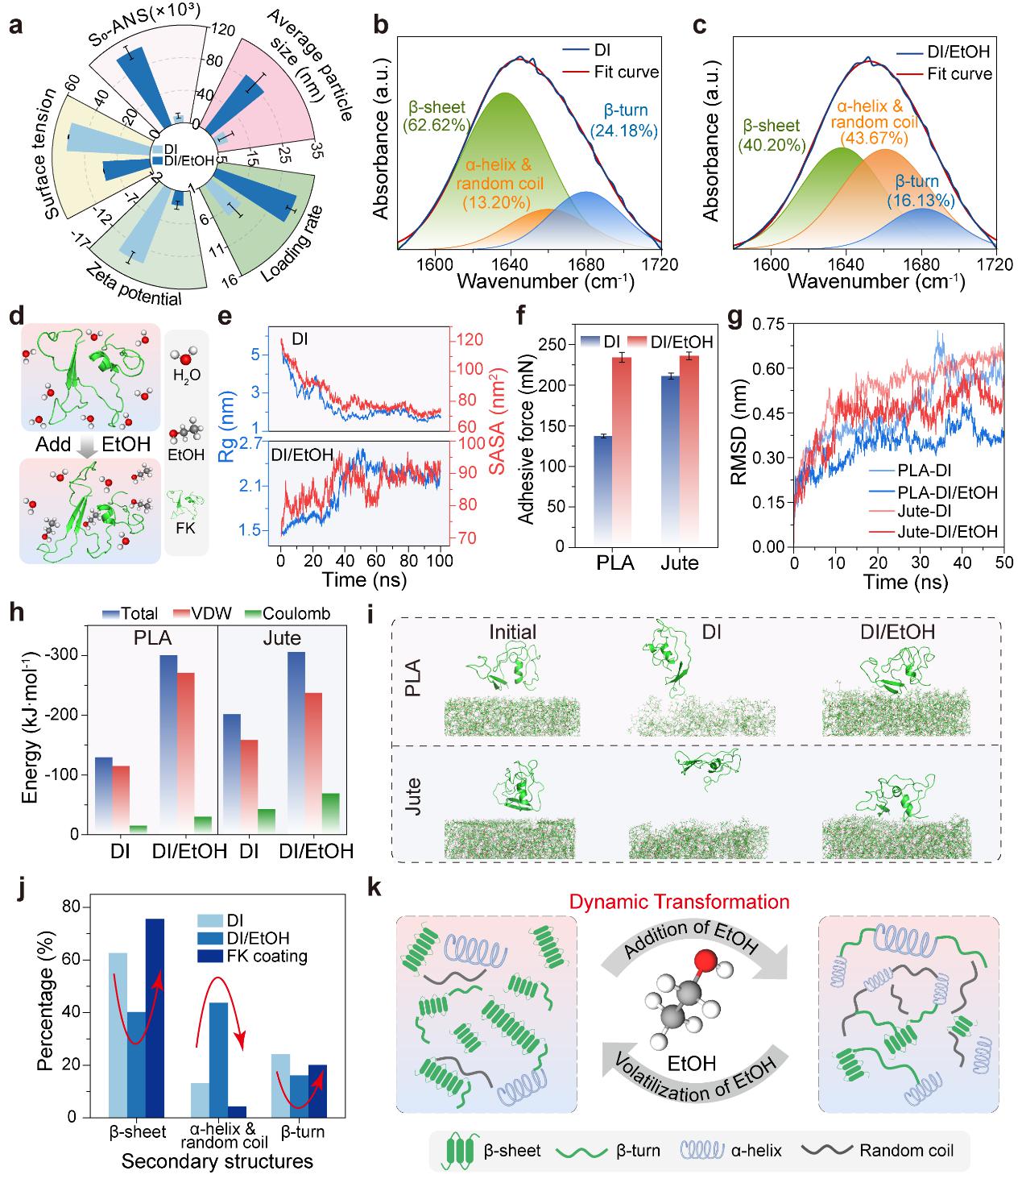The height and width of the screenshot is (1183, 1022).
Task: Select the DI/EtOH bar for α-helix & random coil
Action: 217,1059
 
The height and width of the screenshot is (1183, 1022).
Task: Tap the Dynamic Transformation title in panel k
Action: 679,901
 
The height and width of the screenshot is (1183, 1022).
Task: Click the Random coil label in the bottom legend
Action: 906,1149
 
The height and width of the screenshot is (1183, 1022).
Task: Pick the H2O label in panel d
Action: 186,375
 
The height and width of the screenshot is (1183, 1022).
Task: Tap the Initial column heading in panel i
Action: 514,632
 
